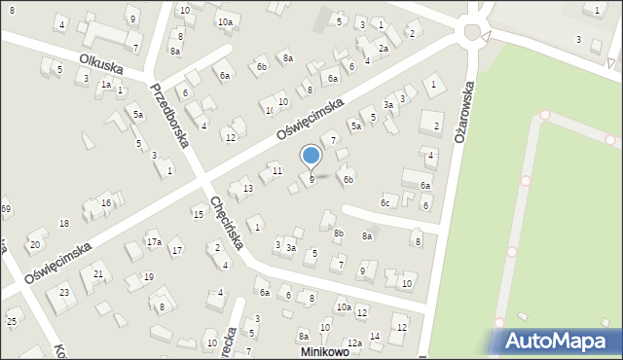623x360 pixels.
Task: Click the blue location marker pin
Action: click(311, 156)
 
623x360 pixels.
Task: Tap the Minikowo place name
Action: click(325, 351)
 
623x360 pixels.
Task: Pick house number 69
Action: click(5, 209)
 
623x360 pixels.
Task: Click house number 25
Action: click(12, 321)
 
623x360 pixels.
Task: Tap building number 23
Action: click(64, 293)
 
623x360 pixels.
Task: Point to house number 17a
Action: click(153, 241)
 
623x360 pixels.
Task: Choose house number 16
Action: click(105, 202)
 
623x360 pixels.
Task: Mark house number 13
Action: click(248, 188)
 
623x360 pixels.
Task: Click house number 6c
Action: click(385, 202)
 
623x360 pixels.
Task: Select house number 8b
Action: click(339, 233)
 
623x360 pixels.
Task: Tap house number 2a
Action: click(384, 49)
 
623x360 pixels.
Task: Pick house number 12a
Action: click(355, 343)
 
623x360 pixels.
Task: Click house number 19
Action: click(148, 277)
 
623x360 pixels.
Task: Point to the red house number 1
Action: click(257, 227)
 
